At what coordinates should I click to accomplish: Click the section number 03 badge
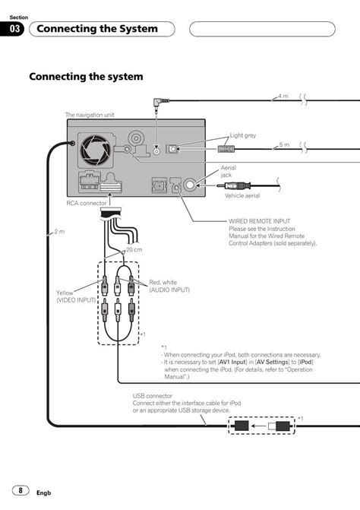pyautogui.click(x=12, y=29)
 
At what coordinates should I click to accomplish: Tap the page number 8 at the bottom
pyautogui.click(x=21, y=490)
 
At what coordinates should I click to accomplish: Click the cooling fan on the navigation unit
pyautogui.click(x=96, y=150)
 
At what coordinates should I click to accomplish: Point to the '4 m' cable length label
pyautogui.click(x=283, y=97)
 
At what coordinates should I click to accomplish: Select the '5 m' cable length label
pyautogui.click(x=284, y=144)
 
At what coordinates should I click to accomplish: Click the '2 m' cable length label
pyautogui.click(x=59, y=232)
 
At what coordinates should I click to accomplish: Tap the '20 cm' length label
pyautogui.click(x=134, y=250)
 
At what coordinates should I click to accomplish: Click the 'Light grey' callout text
pyautogui.click(x=243, y=135)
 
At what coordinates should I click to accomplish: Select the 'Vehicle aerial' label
pyautogui.click(x=242, y=195)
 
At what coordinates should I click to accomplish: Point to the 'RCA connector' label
pyautogui.click(x=87, y=203)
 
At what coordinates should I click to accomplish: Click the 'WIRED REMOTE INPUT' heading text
pyautogui.click(x=260, y=221)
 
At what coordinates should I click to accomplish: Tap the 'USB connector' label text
pyautogui.click(x=153, y=396)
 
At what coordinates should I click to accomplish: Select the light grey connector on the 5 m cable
pyautogui.click(x=226, y=149)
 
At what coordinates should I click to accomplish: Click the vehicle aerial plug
pyautogui.click(x=234, y=185)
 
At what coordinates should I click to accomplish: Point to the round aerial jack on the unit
pyautogui.click(x=190, y=185)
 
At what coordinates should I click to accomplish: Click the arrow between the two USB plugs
pyautogui.click(x=259, y=426)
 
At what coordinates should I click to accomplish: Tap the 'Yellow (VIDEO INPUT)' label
pyautogui.click(x=76, y=296)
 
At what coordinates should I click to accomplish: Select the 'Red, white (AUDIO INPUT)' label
pyautogui.click(x=169, y=287)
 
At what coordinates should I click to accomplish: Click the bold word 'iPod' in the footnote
pyautogui.click(x=305, y=362)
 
